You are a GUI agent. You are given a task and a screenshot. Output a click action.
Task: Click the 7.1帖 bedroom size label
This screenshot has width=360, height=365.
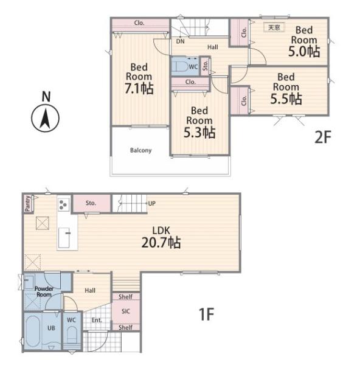(139, 88)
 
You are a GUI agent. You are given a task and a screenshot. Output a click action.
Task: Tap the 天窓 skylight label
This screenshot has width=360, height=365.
(274, 27)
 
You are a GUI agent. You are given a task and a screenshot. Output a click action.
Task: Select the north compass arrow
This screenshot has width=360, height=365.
(45, 119)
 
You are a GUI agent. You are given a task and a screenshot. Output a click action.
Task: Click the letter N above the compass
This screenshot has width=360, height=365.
(46, 96)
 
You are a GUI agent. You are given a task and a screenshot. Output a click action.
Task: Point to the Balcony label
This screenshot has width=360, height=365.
(141, 150)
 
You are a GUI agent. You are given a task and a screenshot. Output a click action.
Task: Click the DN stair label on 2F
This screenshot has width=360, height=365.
(181, 41)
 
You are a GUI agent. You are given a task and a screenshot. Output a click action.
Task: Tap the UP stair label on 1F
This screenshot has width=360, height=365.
(152, 203)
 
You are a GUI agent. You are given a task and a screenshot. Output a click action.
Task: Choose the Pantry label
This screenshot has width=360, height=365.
(28, 203)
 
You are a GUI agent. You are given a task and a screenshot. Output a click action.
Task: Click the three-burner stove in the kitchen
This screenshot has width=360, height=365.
(63, 204)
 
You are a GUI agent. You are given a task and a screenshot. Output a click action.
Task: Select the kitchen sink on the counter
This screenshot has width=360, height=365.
(64, 238)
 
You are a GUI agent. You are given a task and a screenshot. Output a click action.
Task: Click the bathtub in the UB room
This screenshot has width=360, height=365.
(33, 332)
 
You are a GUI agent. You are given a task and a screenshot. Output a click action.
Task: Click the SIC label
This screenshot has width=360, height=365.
(126, 311)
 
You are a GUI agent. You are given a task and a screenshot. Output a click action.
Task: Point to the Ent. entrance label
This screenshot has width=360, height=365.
(97, 320)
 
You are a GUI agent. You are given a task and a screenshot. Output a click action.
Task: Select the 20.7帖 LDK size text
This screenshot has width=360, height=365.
(161, 242)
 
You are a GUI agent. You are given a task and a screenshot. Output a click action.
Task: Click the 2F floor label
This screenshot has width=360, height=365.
(322, 137)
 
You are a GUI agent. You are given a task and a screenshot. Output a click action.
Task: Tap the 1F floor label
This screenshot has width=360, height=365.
(206, 314)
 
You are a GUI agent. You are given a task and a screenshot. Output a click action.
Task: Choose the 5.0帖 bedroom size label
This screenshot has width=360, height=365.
(304, 51)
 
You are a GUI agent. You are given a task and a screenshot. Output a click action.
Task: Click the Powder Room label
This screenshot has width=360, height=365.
(44, 291)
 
